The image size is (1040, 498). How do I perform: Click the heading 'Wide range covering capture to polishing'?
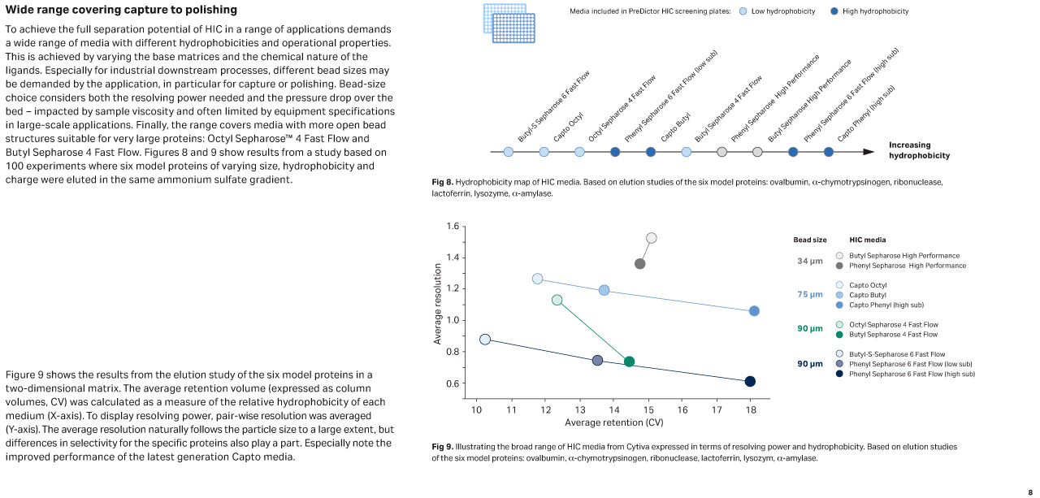pyautogui.click(x=121, y=10)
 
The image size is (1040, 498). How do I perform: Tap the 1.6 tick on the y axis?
pyautogui.click(x=453, y=226)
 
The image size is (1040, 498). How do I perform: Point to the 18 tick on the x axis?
pyautogui.click(x=750, y=410)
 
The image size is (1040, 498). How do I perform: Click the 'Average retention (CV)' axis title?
pyautogui.click(x=614, y=422)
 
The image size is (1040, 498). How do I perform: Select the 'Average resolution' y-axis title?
pyautogui.click(x=438, y=304)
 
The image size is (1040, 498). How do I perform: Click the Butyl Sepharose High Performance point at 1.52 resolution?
pyautogui.click(x=651, y=238)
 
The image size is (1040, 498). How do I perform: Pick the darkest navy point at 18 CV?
pyautogui.click(x=750, y=382)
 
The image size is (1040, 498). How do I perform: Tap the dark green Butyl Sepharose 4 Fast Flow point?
pyautogui.click(x=629, y=362)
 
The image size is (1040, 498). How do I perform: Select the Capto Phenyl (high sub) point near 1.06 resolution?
pyautogui.click(x=754, y=311)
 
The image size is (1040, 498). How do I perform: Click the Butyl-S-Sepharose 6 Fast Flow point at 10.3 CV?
pyautogui.click(x=485, y=340)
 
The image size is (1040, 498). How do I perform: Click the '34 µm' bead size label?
pyautogui.click(x=810, y=261)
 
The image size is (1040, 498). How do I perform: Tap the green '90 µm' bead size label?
pyautogui.click(x=810, y=329)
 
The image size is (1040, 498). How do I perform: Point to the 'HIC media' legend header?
pyautogui.click(x=867, y=240)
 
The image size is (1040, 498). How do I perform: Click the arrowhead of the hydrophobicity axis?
pyautogui.click(x=869, y=152)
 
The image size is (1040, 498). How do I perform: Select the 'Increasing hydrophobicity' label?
pyautogui.click(x=919, y=150)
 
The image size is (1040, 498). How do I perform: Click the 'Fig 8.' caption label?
pyautogui.click(x=442, y=182)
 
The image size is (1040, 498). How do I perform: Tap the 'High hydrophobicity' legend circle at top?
pyautogui.click(x=834, y=11)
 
